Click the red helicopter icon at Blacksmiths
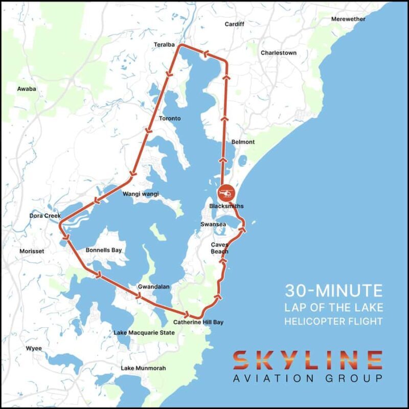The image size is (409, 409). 225,193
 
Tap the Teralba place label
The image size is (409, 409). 165,45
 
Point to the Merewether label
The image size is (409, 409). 348,19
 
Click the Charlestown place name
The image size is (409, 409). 279,53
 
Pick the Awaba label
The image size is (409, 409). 26,88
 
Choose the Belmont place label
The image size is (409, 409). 243,142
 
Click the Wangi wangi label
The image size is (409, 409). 141,194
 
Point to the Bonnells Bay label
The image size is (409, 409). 104,251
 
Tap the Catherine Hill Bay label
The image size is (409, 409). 198,323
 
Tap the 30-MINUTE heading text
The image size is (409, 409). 333,291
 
